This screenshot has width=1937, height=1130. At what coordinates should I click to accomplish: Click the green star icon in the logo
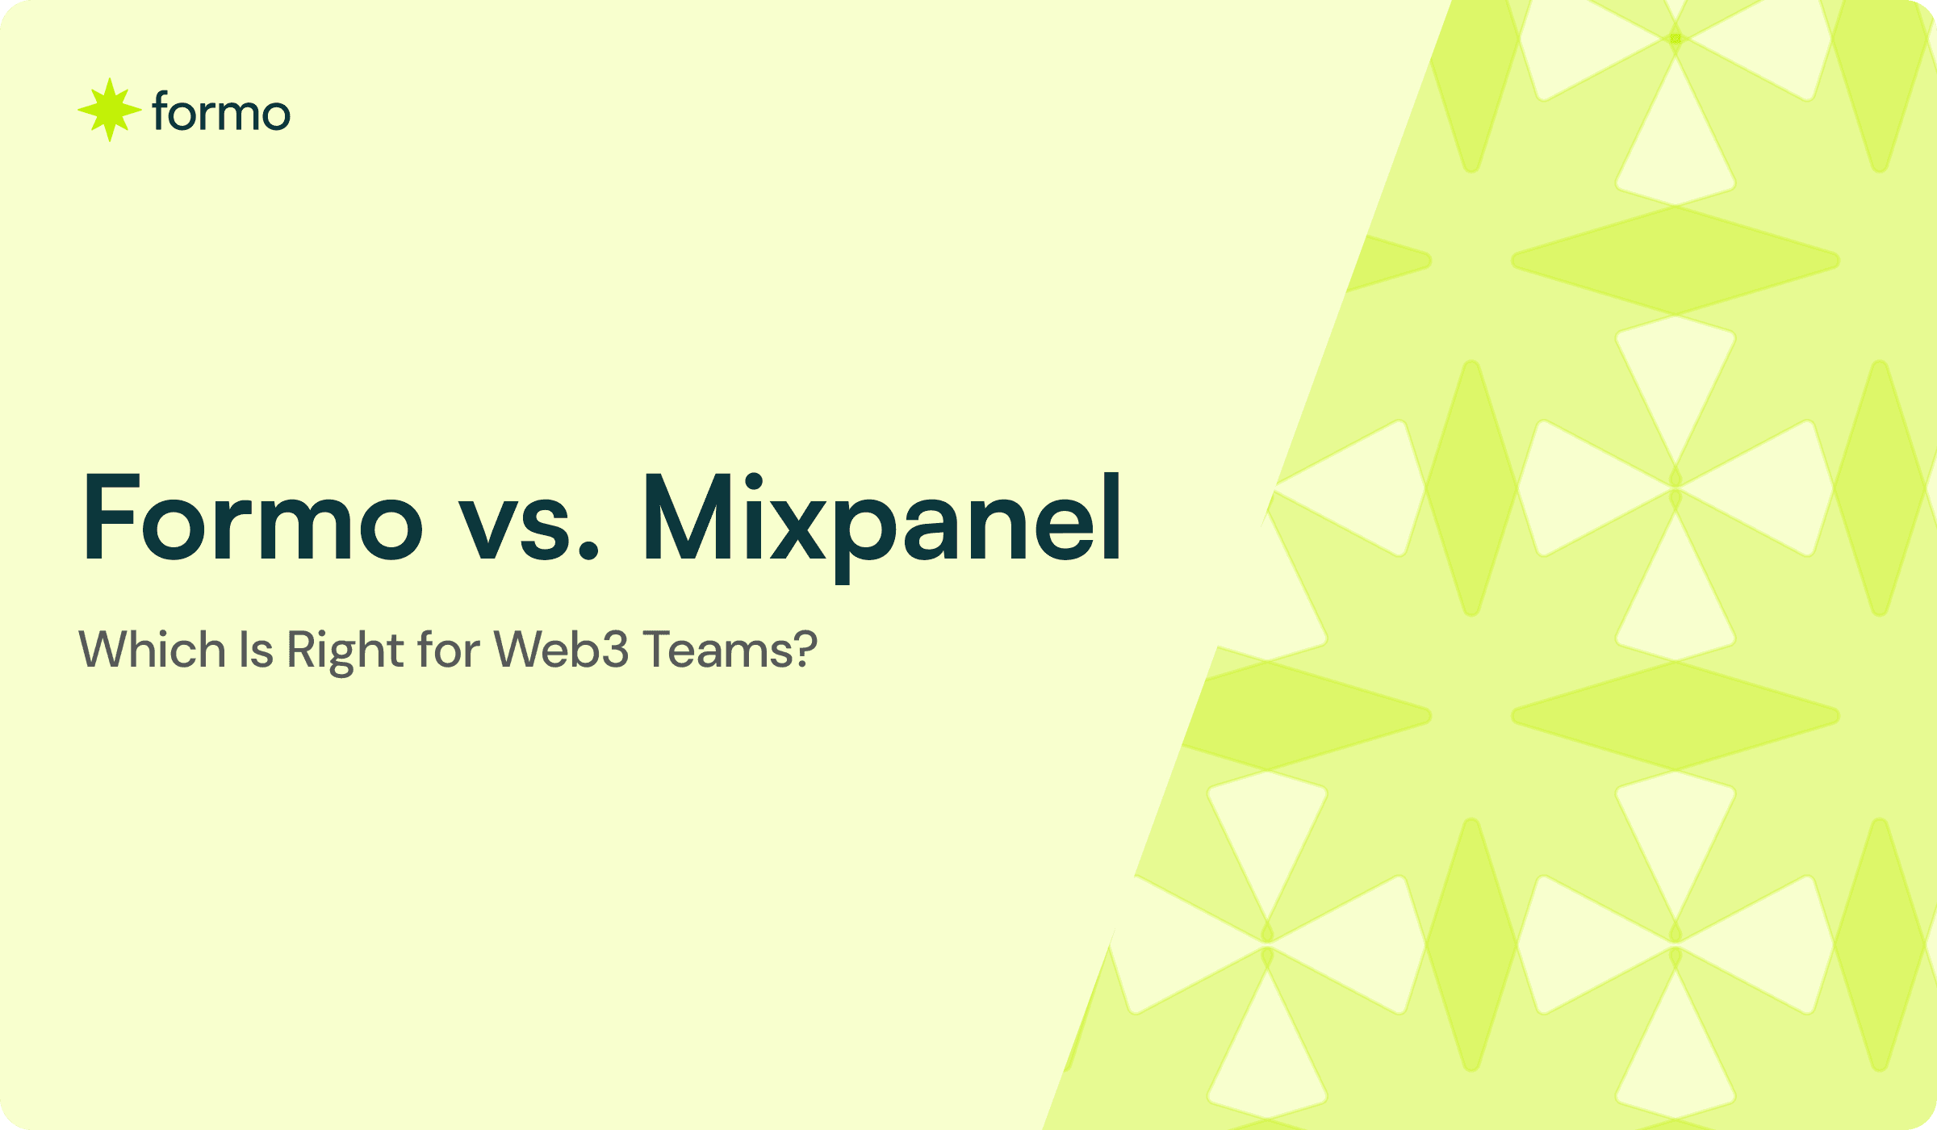tap(110, 111)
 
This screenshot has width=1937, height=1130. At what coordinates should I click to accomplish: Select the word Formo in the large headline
tap(253, 517)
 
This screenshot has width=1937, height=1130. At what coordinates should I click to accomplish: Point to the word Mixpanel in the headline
tap(881, 517)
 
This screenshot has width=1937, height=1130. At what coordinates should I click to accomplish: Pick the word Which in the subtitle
tap(152, 650)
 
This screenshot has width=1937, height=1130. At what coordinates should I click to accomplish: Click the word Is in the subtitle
tap(256, 650)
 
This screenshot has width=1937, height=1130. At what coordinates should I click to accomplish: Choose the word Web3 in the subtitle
tap(561, 650)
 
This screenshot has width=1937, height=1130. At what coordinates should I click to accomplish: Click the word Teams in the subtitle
tap(710, 650)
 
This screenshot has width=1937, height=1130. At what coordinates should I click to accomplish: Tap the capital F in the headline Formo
tap(111, 517)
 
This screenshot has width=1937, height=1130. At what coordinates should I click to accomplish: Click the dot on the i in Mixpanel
tap(754, 482)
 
